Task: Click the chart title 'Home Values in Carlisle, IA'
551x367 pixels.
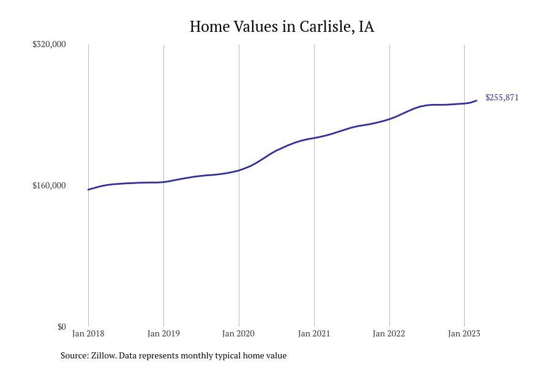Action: coord(282,27)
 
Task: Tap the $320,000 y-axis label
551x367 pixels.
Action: coord(49,44)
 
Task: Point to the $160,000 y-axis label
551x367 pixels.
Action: coord(49,185)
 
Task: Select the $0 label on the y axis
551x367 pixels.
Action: coord(61,327)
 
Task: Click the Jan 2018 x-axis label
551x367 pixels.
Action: coord(88,333)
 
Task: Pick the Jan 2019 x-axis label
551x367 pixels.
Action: coord(163,333)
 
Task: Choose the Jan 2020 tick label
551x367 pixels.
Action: coord(239,333)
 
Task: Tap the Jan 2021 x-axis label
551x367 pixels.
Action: coord(314,333)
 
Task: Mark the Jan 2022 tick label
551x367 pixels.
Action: coord(389,333)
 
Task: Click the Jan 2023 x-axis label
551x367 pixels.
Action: coord(464,333)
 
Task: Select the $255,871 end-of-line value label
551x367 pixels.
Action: coord(502,97)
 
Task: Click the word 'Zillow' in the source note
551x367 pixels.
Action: coord(103,355)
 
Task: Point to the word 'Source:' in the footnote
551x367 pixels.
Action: coord(74,355)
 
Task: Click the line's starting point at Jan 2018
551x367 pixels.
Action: coord(88,190)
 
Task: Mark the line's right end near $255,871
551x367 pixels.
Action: coord(477,100)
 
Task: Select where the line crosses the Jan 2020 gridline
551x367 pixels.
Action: coord(239,170)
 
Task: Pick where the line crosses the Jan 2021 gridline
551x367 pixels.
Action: coord(314,138)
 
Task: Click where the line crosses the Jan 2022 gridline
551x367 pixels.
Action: coord(389,119)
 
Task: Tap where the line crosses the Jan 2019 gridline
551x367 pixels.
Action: coord(163,182)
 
